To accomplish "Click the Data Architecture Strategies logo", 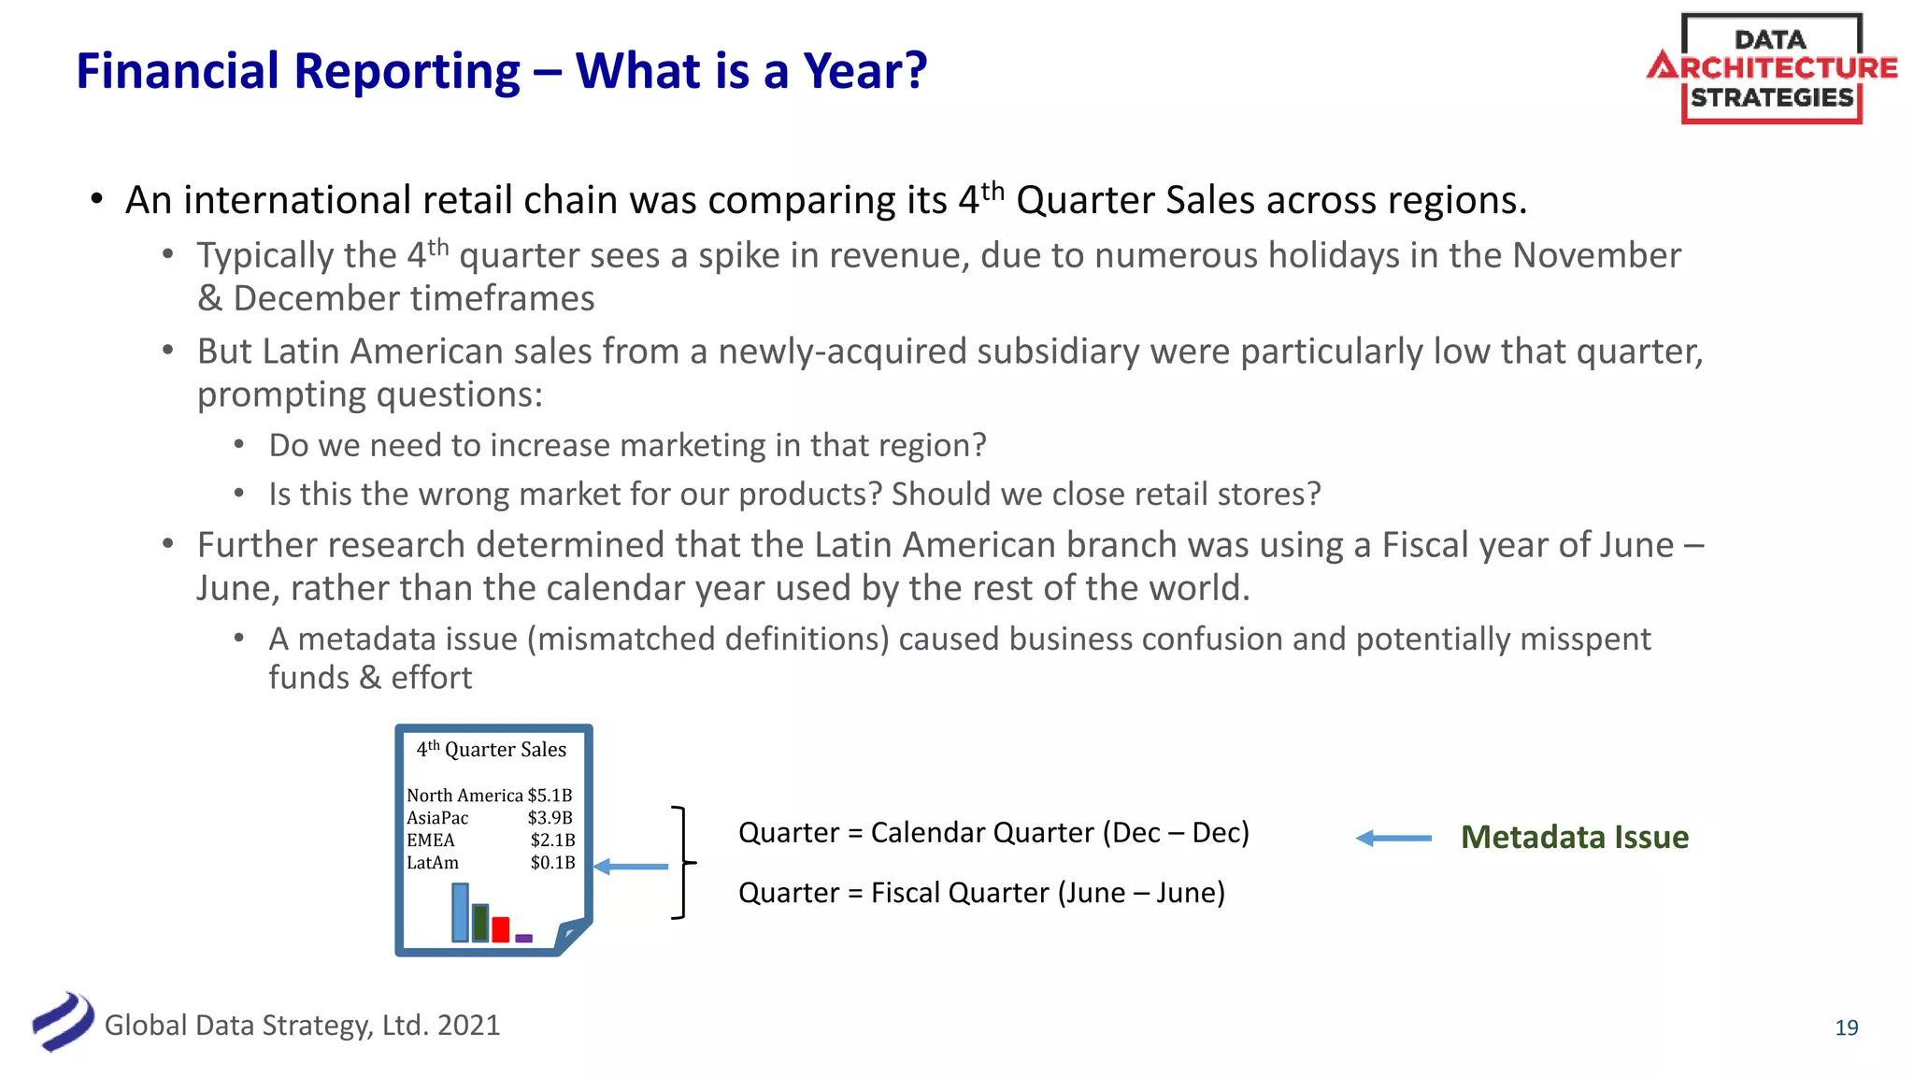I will click(1771, 68).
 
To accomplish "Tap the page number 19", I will click(1846, 1027).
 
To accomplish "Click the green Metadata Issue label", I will click(1574, 837).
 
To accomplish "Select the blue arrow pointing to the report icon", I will click(632, 867).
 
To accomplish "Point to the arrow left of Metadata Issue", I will click(1393, 839).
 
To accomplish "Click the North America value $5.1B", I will click(550, 796).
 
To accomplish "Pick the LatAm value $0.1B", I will click(552, 863).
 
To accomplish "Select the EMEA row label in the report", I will click(431, 840).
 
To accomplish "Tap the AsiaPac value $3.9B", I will click(550, 818).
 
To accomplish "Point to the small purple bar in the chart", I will click(523, 938).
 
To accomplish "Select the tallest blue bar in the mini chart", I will click(460, 912).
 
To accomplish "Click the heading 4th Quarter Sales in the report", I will click(492, 750).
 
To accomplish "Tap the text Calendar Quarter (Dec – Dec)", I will click(1060, 832).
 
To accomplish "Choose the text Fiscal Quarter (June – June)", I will click(1048, 893).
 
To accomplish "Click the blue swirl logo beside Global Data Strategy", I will click(63, 1022).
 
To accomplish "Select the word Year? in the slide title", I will click(865, 71).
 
